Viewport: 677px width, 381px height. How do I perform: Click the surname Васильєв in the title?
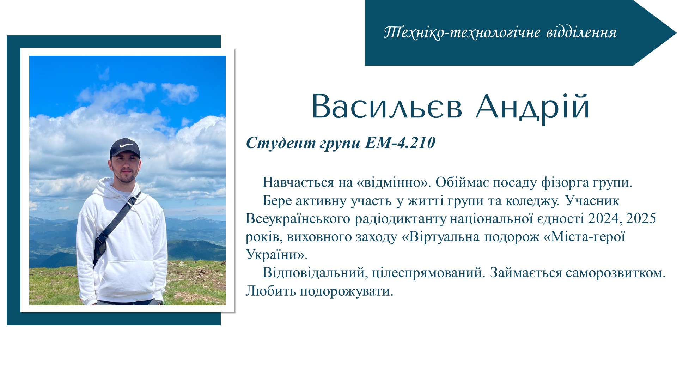pyautogui.click(x=387, y=107)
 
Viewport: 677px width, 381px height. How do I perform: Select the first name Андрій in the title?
pyautogui.click(x=533, y=107)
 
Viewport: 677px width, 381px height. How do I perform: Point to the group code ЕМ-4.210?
pyautogui.click(x=400, y=143)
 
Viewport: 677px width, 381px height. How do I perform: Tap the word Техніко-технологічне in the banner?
pyautogui.click(x=462, y=32)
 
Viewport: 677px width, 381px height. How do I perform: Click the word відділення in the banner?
pyautogui.click(x=581, y=32)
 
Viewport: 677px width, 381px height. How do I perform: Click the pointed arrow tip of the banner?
pyautogui.click(x=676, y=32)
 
